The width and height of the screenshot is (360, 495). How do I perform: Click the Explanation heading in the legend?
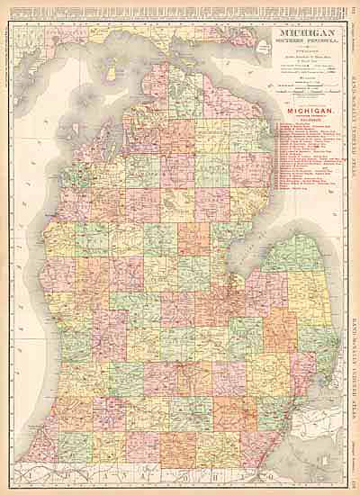pyautogui.click(x=287, y=51)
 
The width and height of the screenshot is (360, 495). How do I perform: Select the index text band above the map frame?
pyautogui.click(x=180, y=8)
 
